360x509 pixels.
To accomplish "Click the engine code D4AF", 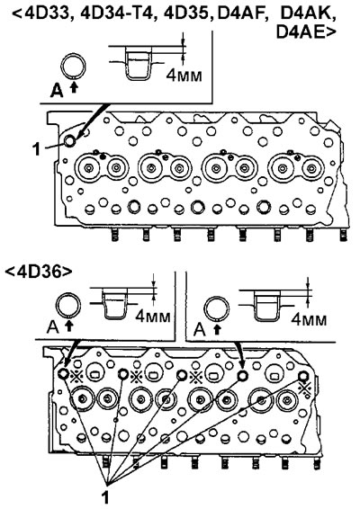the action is tap(243, 14).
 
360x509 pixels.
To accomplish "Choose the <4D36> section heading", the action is tap(39, 272).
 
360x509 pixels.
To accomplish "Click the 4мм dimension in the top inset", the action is tap(184, 76).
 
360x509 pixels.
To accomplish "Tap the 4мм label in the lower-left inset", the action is tap(153, 316).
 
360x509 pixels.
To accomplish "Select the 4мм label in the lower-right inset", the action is tap(309, 319).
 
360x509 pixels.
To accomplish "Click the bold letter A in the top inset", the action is tap(57, 91).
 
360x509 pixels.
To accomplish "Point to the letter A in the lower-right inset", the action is tap(200, 330).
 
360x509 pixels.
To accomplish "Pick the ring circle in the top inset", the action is tap(74, 66).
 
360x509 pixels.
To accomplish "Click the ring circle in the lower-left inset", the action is tap(68, 306).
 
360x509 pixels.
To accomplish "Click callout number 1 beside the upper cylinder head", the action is tap(37, 149).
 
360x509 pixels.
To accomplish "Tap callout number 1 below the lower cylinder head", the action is tap(105, 496).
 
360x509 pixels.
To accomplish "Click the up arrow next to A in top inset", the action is tap(75, 87).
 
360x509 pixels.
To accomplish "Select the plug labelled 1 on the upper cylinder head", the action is tap(69, 140).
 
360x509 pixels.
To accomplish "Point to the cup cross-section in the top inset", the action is tap(138, 63).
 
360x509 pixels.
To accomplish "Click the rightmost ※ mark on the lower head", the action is tap(305, 388).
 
